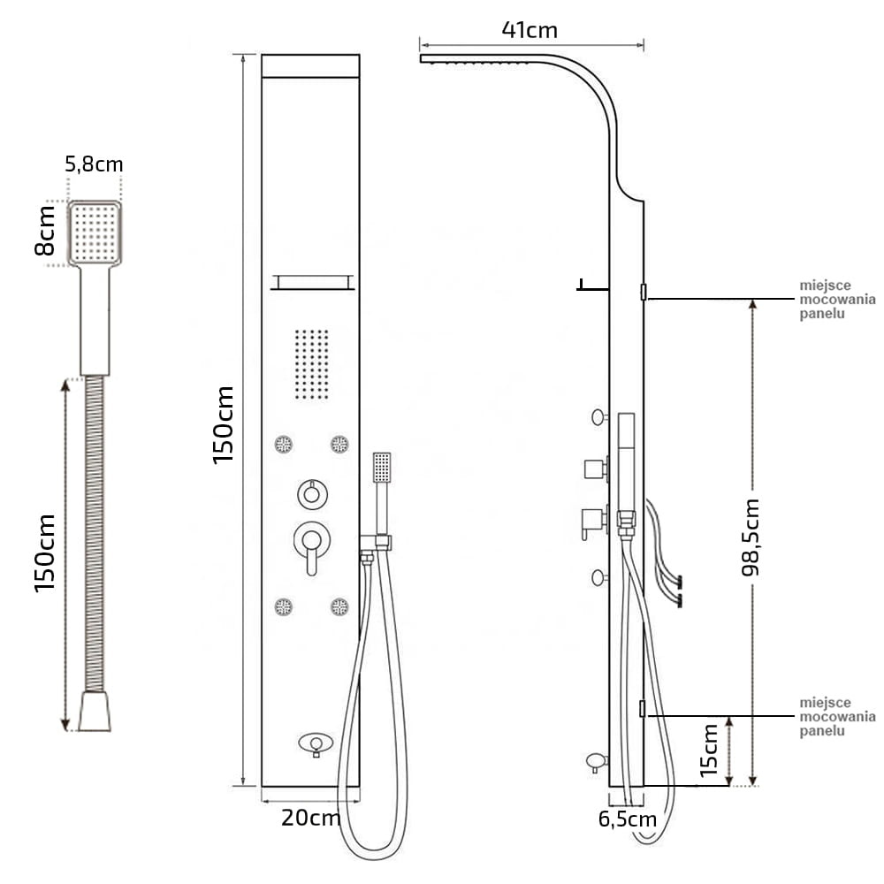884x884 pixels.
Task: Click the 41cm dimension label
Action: (530, 30)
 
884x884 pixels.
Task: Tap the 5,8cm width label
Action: (94, 164)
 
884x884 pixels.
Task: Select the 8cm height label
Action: (45, 230)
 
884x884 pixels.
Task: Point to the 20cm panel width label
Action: (311, 818)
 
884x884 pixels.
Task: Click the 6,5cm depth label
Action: (628, 819)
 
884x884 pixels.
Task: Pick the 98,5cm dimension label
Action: (751, 537)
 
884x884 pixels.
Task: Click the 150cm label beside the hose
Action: (45, 552)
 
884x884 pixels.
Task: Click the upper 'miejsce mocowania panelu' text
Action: (836, 300)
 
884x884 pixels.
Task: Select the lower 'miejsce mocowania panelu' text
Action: (836, 716)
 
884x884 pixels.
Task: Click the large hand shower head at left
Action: (94, 232)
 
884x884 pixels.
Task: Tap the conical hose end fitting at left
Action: (94, 712)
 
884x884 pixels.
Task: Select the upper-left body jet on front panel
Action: (284, 444)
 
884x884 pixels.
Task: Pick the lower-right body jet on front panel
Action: (339, 606)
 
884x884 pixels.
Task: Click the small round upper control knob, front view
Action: (310, 493)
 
